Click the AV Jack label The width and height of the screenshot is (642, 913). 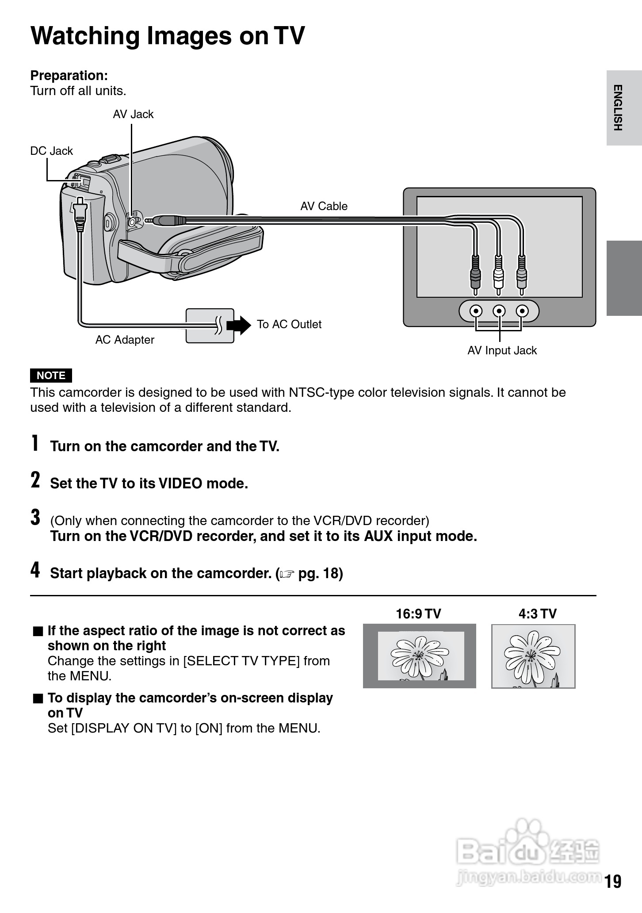tap(133, 114)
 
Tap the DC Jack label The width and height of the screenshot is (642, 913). tap(51, 151)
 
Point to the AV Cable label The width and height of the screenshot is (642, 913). tap(324, 206)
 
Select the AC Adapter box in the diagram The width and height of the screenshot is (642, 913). tap(210, 326)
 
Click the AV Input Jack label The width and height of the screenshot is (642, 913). tap(502, 350)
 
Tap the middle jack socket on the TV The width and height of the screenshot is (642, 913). tap(499, 311)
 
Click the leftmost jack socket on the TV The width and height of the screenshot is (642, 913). tap(476, 311)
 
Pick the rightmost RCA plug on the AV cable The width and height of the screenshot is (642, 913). tap(521, 275)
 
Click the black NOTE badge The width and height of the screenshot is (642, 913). tap(51, 375)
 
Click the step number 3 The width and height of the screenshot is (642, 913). tap(35, 517)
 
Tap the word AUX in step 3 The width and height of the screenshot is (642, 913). tap(378, 536)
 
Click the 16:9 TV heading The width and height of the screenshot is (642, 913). tap(418, 614)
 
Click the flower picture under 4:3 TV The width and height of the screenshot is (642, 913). tap(533, 656)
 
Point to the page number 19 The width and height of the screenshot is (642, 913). tap(613, 881)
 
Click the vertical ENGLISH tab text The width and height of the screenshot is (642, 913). tap(618, 107)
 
